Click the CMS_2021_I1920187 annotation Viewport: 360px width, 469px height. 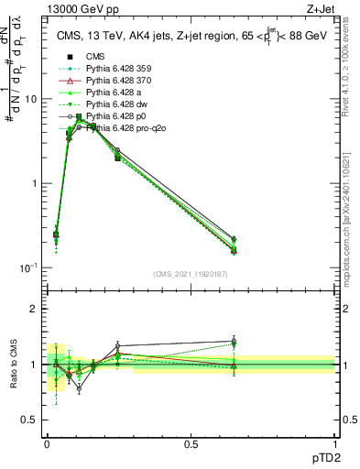(190, 274)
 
